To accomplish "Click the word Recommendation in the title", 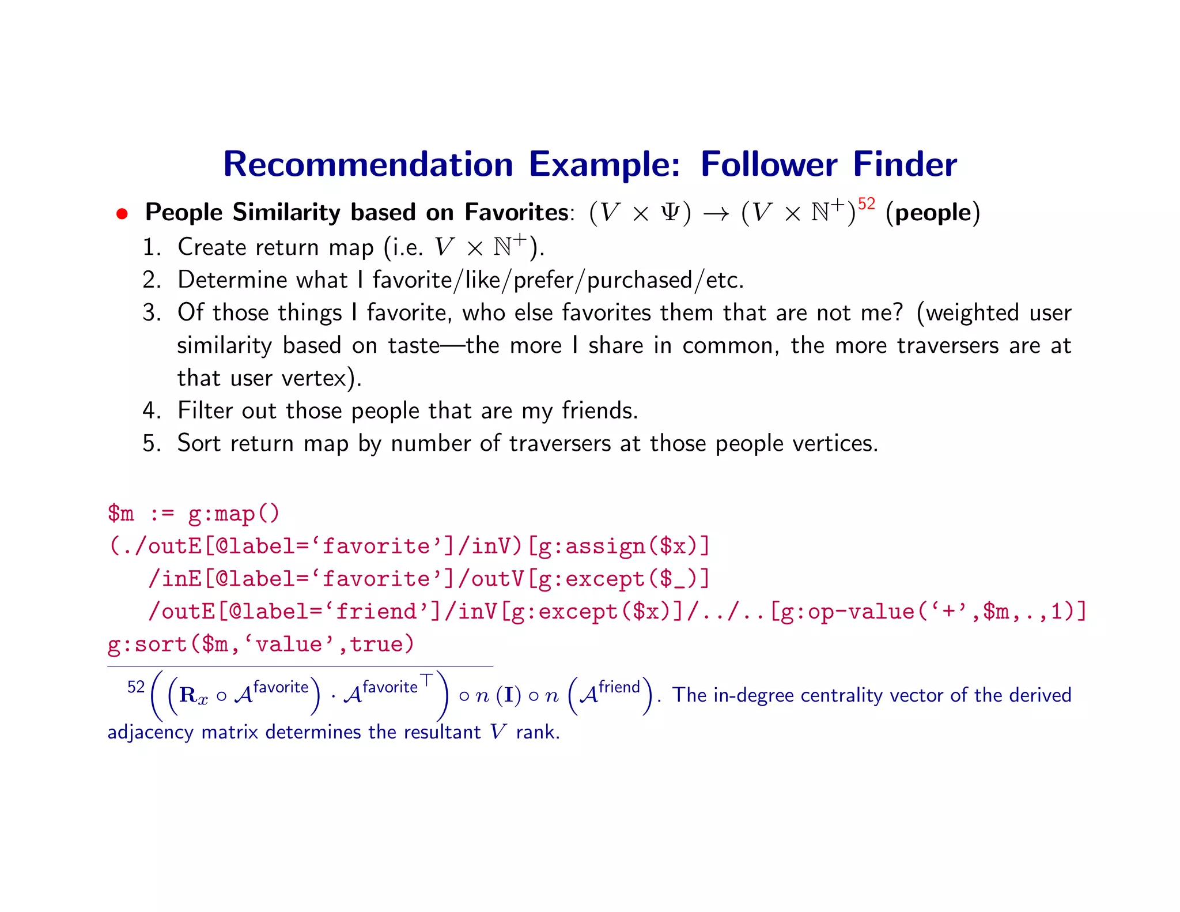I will pyautogui.click(x=368, y=164).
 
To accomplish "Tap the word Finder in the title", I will pyautogui.click(x=905, y=164).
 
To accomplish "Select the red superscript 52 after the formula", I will pyautogui.click(x=866, y=204).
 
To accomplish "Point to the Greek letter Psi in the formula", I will pyautogui.click(x=670, y=213).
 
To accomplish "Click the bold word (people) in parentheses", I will pyautogui.click(x=932, y=213).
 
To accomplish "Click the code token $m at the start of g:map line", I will pyautogui.click(x=120, y=513).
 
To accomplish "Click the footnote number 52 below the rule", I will pyautogui.click(x=136, y=687).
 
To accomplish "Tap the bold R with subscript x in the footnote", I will pyautogui.click(x=192, y=696).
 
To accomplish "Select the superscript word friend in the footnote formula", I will pyautogui.click(x=619, y=687).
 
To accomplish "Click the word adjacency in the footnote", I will pyautogui.click(x=150, y=732).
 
